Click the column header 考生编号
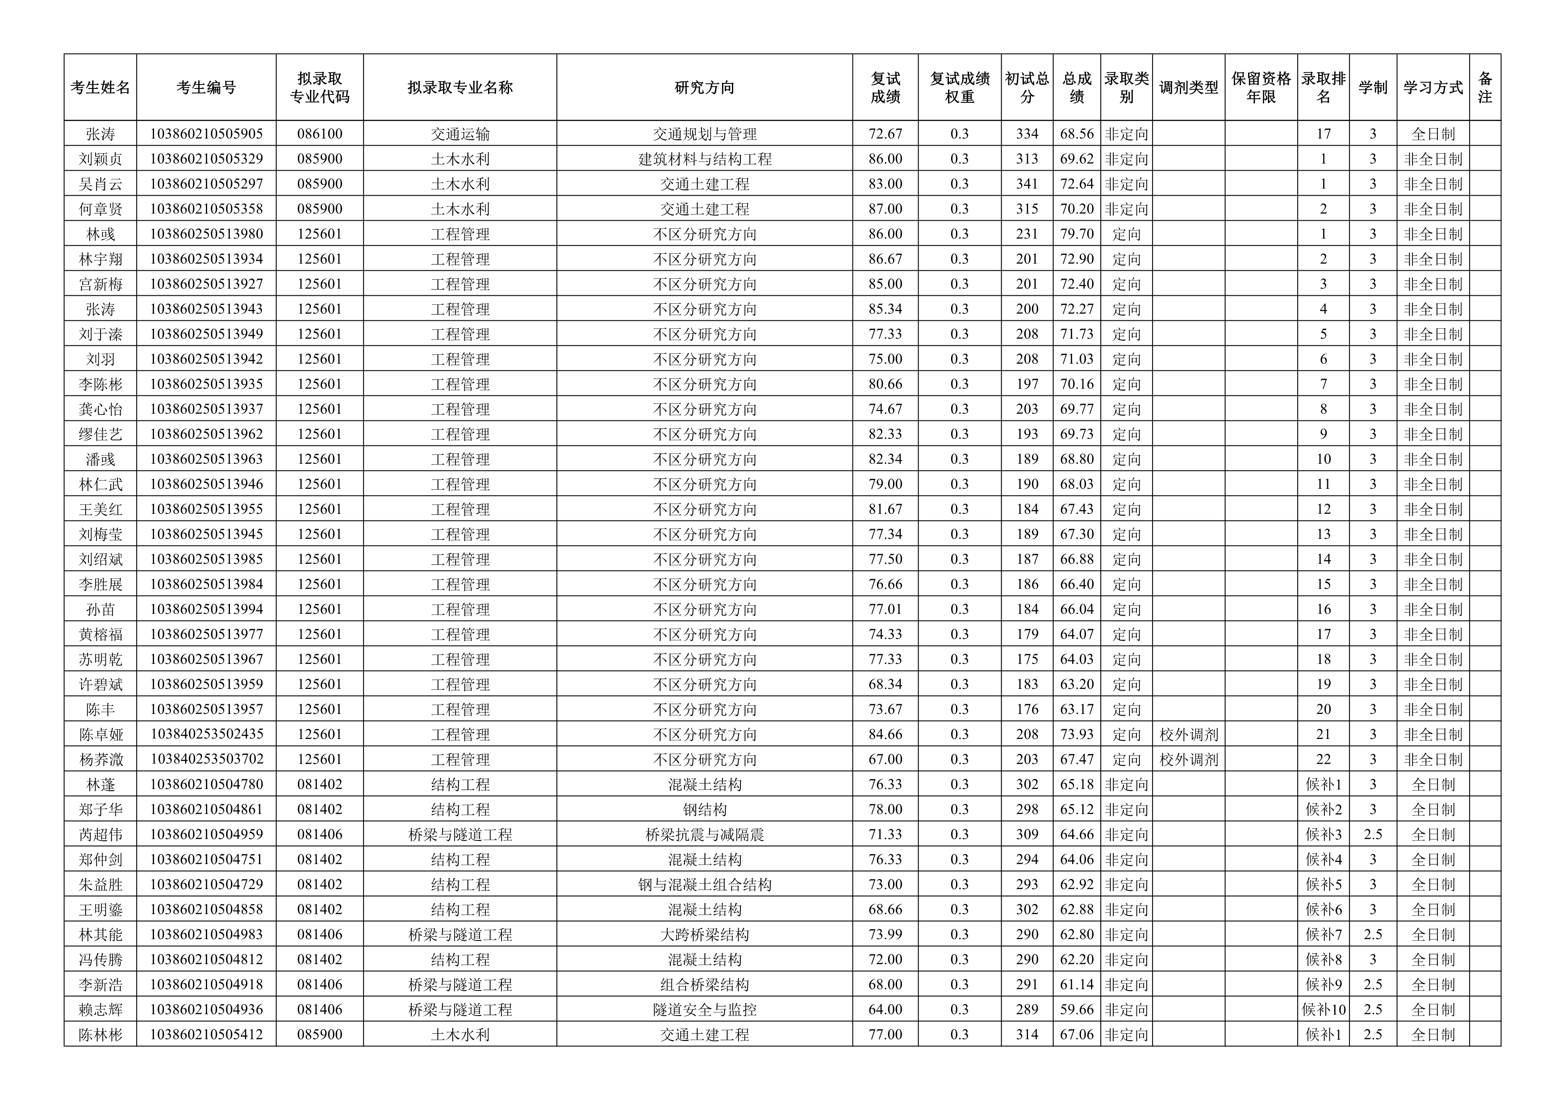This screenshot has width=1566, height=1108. pyautogui.click(x=206, y=87)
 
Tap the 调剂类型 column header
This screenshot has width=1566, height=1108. pyautogui.click(x=1188, y=87)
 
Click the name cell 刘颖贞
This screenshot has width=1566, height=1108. pyautogui.click(x=100, y=159)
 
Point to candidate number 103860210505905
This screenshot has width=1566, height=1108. pyautogui.click(x=206, y=134)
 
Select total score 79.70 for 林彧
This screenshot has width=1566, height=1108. pyautogui.click(x=1076, y=234)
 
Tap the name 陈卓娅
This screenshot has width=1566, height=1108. pyautogui.click(x=100, y=734)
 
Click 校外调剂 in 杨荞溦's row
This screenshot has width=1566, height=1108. pyautogui.click(x=1188, y=760)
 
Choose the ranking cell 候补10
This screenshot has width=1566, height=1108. pyautogui.click(x=1323, y=1009)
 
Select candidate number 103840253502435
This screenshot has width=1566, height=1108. pyautogui.click(x=206, y=734)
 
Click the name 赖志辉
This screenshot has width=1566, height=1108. pyautogui.click(x=100, y=1009)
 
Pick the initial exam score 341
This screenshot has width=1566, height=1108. pyautogui.click(x=1027, y=184)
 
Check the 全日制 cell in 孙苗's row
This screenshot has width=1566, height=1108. pyautogui.click(x=1432, y=609)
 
